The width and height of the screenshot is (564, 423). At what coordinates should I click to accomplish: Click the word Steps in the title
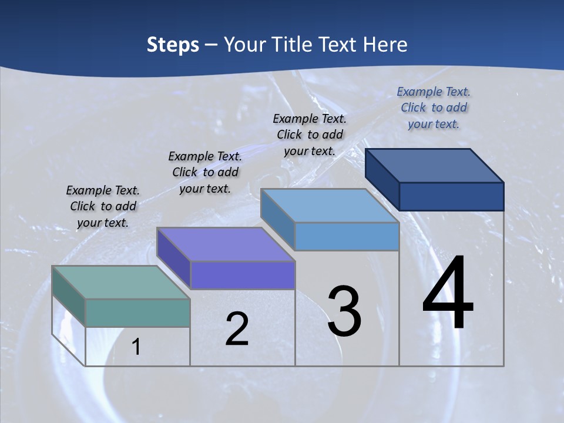coord(173,45)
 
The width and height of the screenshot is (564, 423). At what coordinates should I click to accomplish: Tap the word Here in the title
coord(385,45)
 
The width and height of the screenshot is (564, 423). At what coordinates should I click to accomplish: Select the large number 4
coord(448,294)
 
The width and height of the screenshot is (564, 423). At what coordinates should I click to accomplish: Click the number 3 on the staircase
coord(344,312)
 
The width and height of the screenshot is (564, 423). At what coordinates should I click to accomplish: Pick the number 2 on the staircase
coord(237,330)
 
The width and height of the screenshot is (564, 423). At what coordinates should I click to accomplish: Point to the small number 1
coord(136,347)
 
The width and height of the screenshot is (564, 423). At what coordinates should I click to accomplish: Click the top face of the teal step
coord(120,282)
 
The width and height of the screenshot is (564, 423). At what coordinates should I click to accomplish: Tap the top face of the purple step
coord(226,244)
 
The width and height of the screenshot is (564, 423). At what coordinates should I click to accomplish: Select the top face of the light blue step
coord(330,206)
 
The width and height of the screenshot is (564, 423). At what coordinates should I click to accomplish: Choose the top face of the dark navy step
coord(434,165)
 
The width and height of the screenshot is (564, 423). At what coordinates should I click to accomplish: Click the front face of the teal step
coord(137,313)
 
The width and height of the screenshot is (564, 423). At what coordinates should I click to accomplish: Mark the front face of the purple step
coord(243,275)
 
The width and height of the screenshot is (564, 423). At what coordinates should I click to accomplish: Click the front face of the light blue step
coord(347,236)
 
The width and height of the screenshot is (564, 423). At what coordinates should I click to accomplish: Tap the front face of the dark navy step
coord(451,196)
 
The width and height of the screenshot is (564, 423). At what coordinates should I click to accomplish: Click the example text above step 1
coord(103,206)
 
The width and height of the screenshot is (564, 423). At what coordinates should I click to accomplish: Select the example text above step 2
coord(205,172)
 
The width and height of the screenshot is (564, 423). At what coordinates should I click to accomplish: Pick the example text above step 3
coord(310,135)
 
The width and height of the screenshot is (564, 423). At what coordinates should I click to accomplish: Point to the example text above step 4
coord(434,108)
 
